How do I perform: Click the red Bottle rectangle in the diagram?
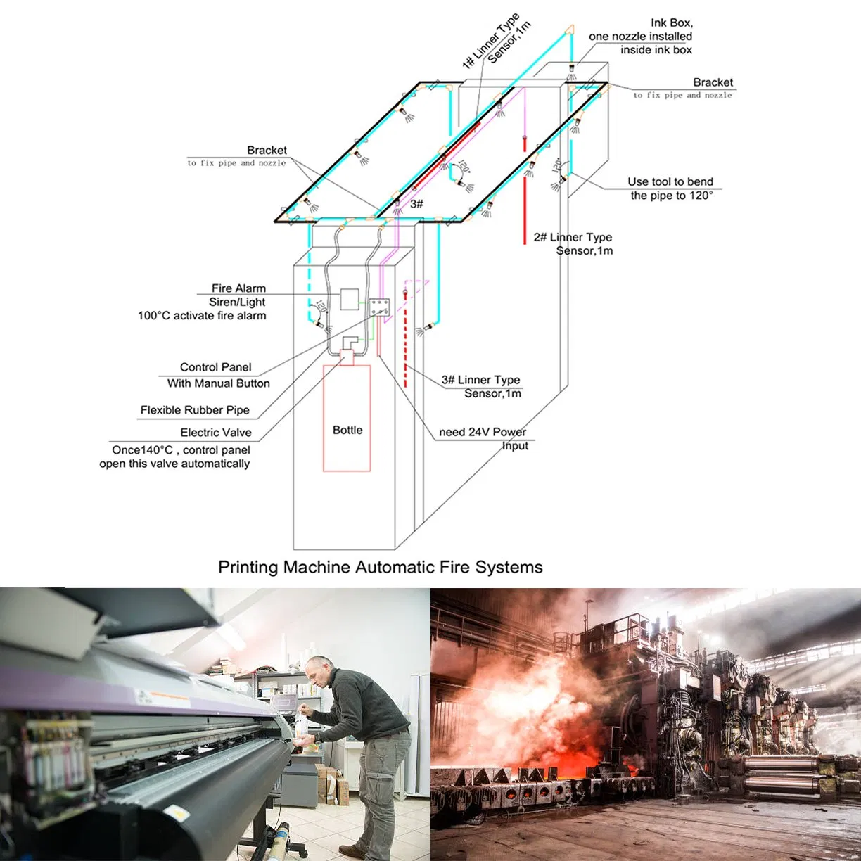coord(347,418)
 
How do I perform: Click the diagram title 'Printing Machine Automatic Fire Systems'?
coord(380,567)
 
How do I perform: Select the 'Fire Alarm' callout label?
coord(238,288)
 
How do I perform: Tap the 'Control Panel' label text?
coord(215,367)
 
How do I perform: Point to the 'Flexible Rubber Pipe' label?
coord(195,410)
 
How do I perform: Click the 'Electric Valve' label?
coord(215,433)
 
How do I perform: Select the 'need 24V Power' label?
coord(482,432)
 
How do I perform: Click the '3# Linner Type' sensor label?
coord(480,380)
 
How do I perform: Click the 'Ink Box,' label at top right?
coord(671,23)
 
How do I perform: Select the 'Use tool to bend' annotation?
coord(670,181)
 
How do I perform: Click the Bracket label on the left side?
coord(267,151)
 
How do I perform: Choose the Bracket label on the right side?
coord(713,82)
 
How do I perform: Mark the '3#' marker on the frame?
coord(416,204)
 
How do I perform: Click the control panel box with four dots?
coord(380,305)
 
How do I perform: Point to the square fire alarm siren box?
coord(350,299)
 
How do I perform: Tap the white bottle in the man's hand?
coord(300,725)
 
